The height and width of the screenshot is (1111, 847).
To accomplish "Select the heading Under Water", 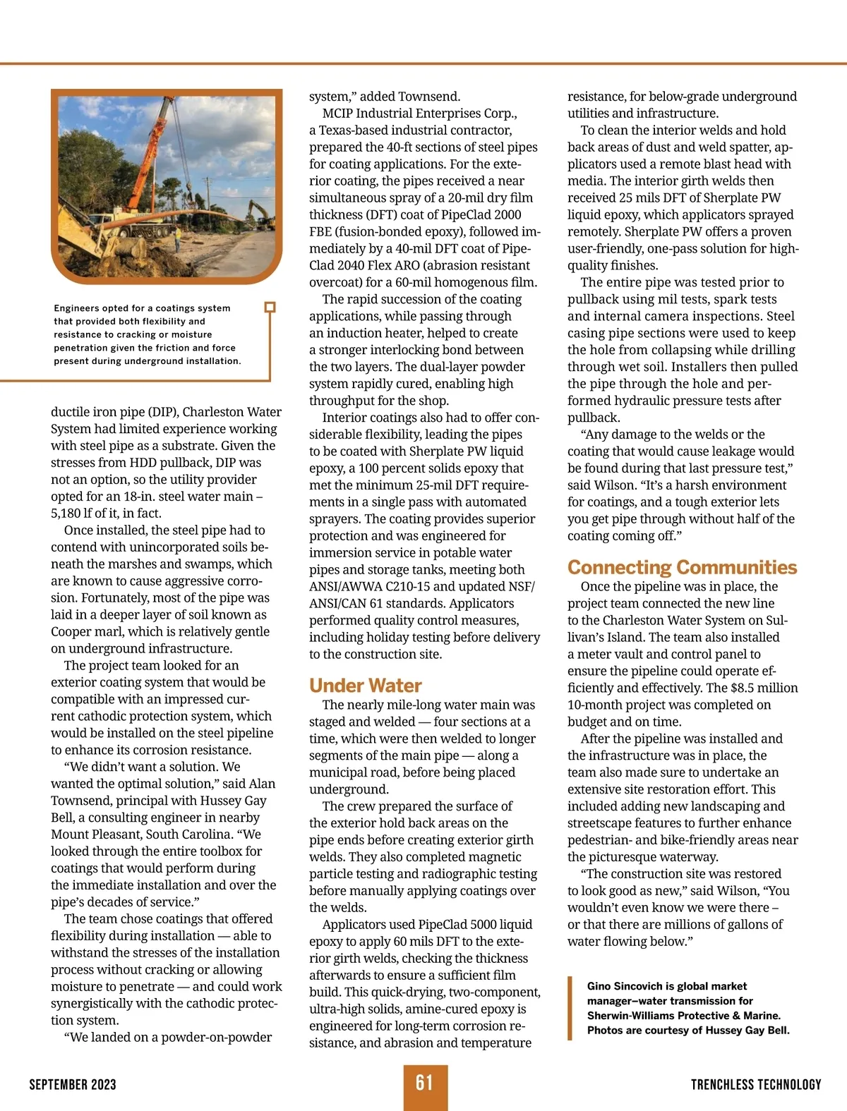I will pyautogui.click(x=365, y=686).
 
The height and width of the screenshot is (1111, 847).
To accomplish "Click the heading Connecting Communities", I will pyautogui.click(x=682, y=567).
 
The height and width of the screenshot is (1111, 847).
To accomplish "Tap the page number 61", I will pyautogui.click(x=424, y=1083).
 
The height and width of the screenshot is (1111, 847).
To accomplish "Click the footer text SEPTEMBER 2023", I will pyautogui.click(x=73, y=1085).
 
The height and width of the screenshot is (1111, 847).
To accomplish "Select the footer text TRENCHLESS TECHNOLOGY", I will pyautogui.click(x=756, y=1085).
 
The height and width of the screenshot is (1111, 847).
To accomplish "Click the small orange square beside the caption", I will pyautogui.click(x=269, y=308).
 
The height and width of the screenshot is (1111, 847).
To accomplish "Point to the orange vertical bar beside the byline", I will pyautogui.click(x=570, y=1008).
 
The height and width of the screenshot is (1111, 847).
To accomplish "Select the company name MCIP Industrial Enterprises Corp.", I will pyautogui.click(x=419, y=114).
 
